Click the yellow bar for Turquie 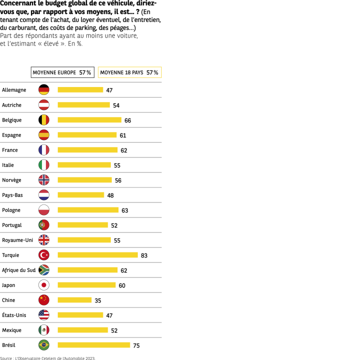coord(97,255)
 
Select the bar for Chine coord(74,300)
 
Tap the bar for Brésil coord(93,345)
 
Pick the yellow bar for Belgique coord(89,120)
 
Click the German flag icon coord(44,90)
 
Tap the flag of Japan coord(44,285)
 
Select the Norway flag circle coord(44,180)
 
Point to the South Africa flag coord(44,270)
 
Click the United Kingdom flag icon coord(44,240)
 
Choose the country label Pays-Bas coord(12,195)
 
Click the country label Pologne coord(11,210)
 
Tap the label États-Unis coord(14,315)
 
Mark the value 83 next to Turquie coord(144,255)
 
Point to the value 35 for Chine coord(98,300)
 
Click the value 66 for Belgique coord(128,120)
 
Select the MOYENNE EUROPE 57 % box coord(62,72)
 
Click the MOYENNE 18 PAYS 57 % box coord(129,72)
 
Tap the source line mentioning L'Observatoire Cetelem coord(47,358)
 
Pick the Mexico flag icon coord(44,330)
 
